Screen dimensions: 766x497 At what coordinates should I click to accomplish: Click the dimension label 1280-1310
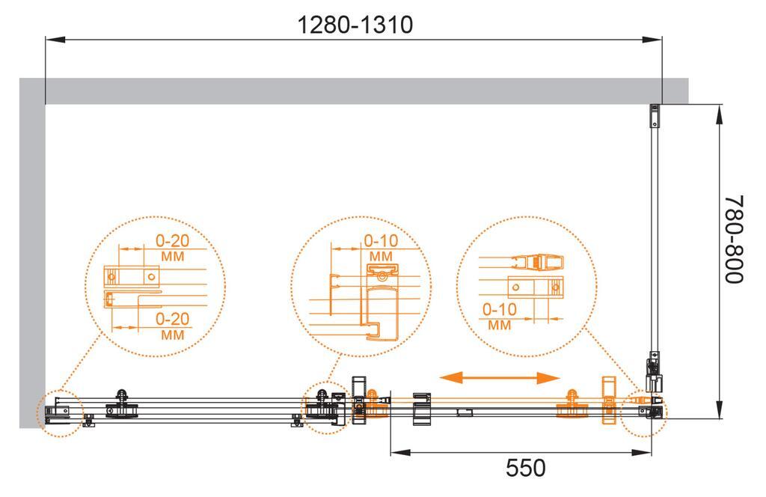point(355,25)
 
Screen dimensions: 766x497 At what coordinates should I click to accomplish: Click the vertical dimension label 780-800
point(734,239)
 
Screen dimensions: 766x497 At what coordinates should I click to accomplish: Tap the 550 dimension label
point(525,468)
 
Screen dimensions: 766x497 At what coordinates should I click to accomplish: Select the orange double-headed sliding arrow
point(499,378)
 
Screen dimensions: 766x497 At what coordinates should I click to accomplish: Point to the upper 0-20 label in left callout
point(173,240)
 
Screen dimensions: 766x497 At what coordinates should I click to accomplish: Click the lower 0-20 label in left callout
point(173,319)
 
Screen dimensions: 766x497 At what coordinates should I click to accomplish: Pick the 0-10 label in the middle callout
point(381,240)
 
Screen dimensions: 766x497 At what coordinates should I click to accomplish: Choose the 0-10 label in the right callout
point(499,309)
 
